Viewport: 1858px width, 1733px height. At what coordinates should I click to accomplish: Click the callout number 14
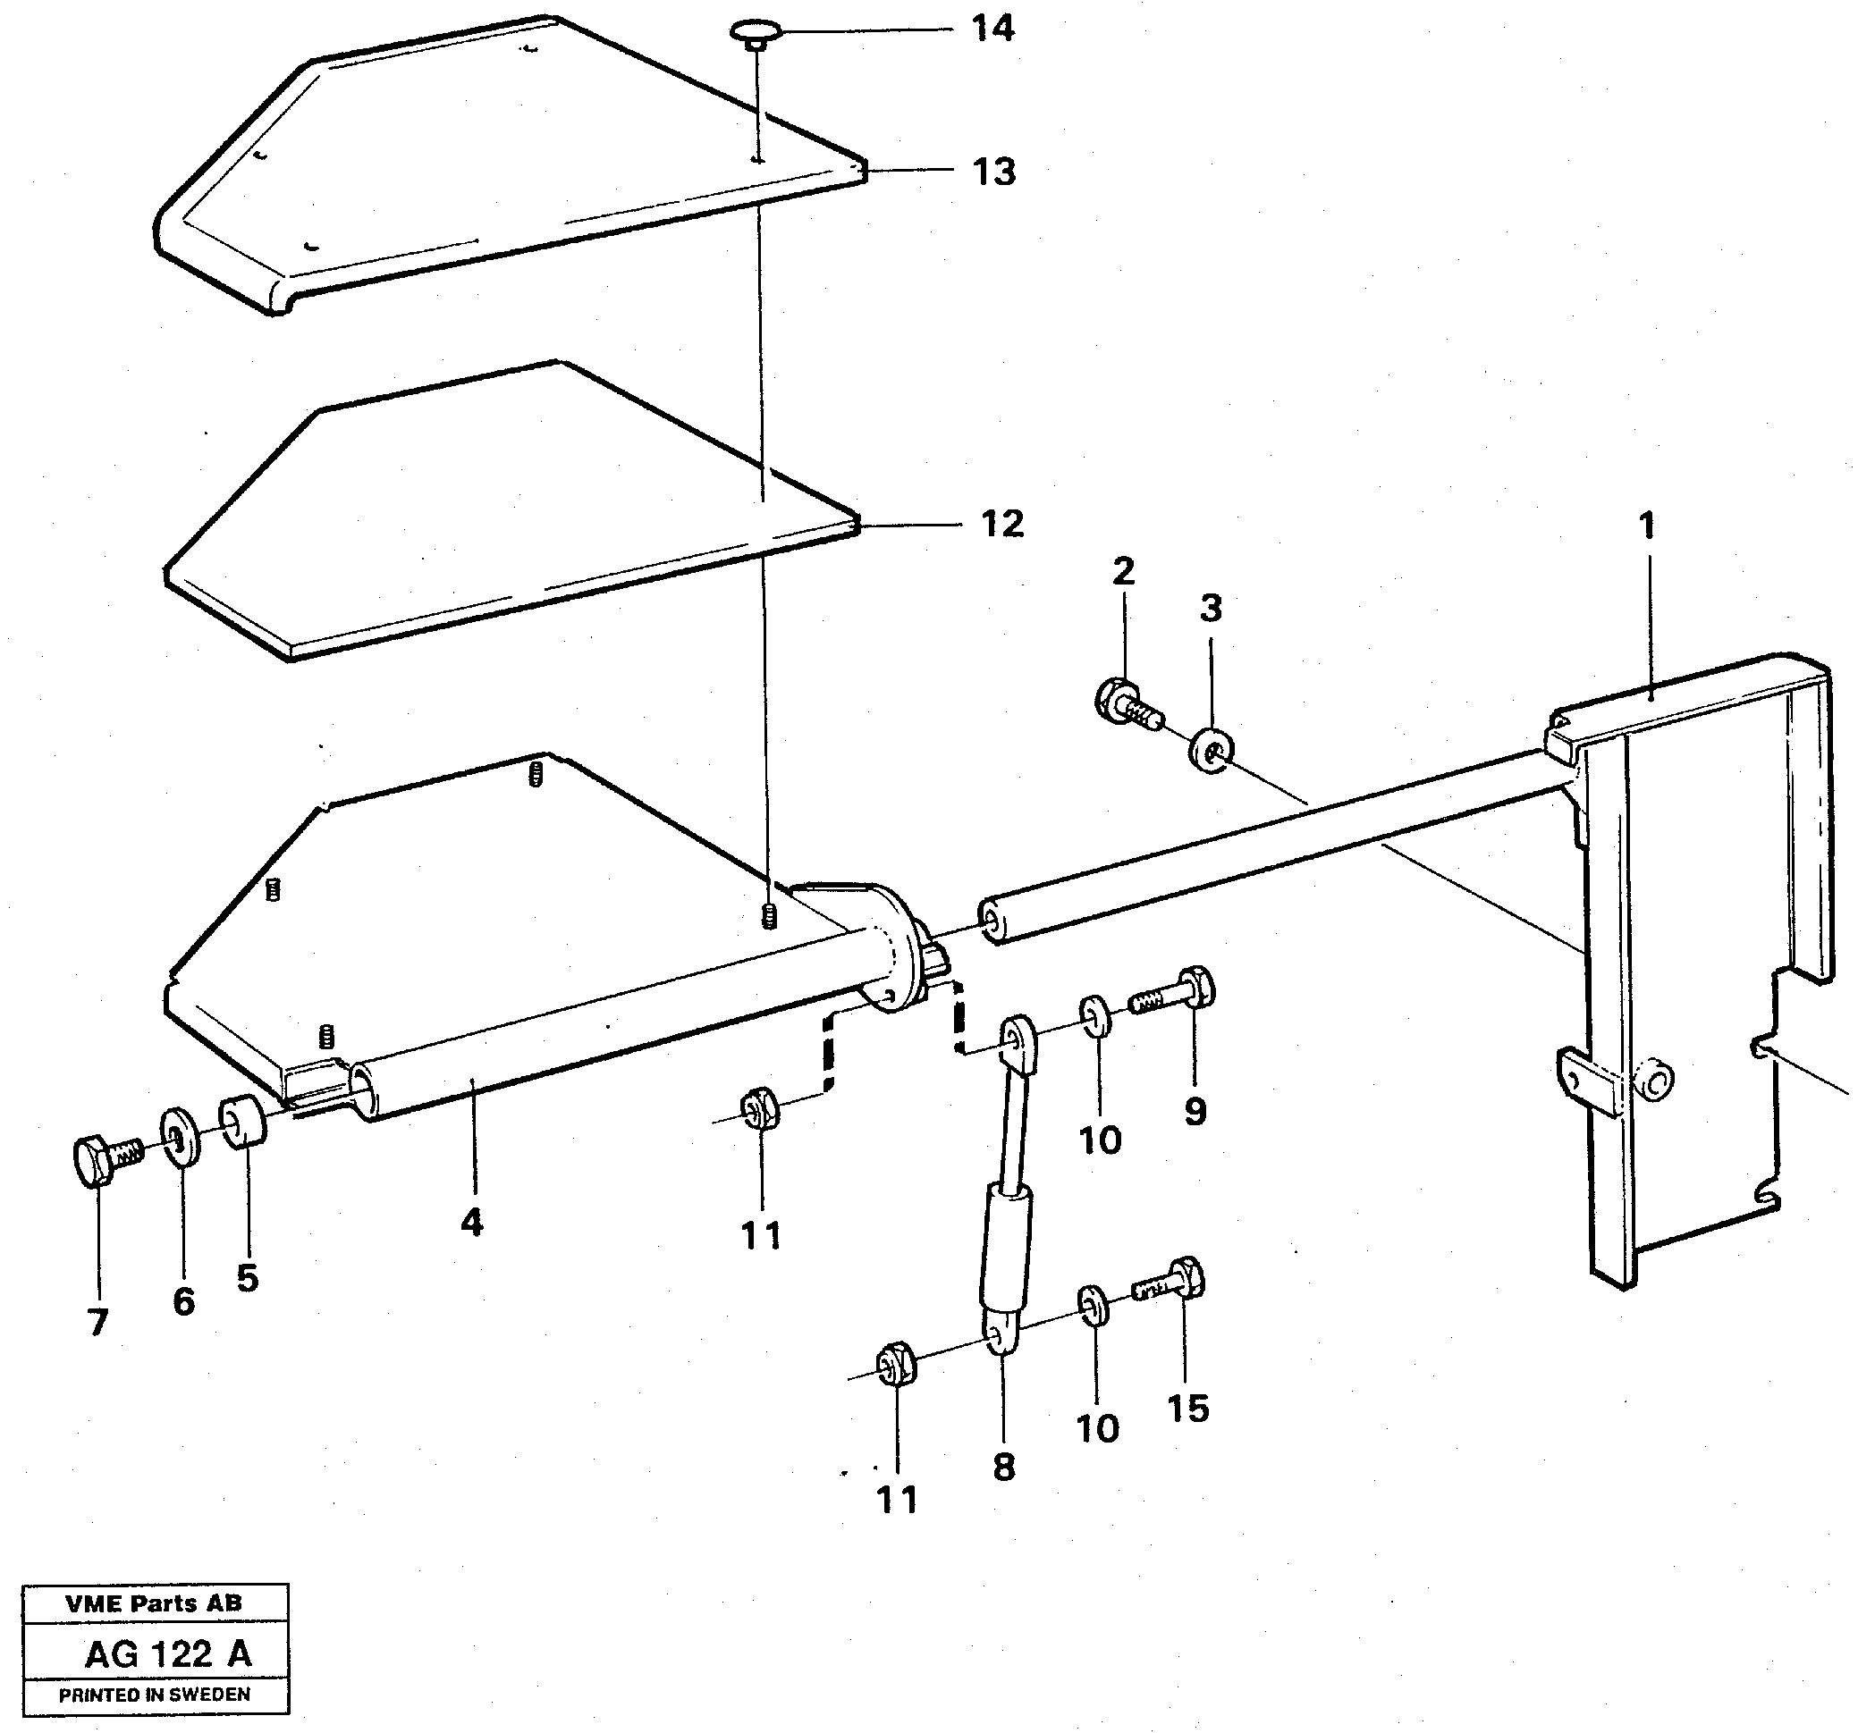tap(992, 29)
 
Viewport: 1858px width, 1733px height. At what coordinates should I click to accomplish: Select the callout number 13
tap(993, 172)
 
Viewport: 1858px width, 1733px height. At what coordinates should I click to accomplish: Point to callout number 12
tap(1002, 524)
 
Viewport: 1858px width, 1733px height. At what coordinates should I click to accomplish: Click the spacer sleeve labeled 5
tap(243, 1121)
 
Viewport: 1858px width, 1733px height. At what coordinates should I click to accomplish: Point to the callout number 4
tap(472, 1222)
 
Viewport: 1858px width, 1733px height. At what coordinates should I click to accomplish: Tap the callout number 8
tap(1004, 1467)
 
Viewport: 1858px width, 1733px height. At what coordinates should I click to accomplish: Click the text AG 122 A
tap(168, 1653)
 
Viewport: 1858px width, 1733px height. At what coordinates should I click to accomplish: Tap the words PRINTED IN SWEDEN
tap(156, 1695)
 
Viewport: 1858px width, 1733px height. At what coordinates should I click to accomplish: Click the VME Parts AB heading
tap(153, 1604)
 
